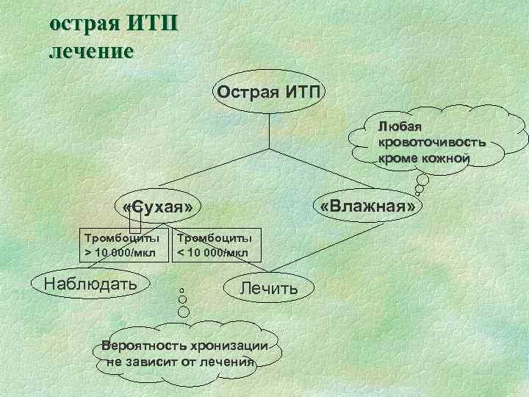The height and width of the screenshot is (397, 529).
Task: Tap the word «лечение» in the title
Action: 91,51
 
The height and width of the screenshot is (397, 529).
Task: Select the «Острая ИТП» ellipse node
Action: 268,93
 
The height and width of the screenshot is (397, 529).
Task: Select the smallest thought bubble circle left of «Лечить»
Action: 181,289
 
